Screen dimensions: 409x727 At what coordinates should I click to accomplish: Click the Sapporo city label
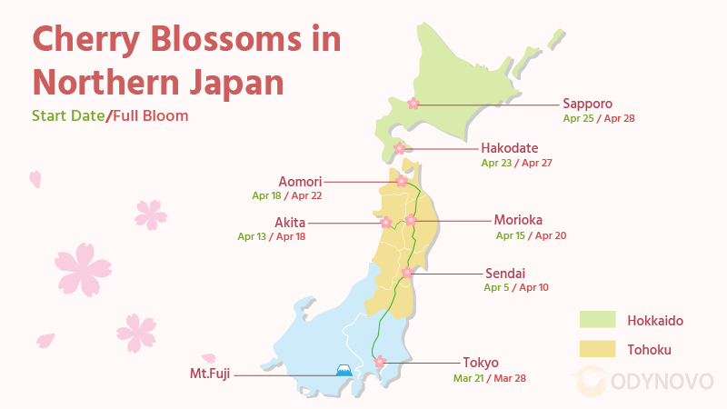point(587,104)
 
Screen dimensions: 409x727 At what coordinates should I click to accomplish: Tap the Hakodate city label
point(509,148)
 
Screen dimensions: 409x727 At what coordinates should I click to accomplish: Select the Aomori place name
point(301,181)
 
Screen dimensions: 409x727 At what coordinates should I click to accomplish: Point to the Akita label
point(290,222)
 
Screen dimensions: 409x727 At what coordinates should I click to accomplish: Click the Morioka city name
point(519,220)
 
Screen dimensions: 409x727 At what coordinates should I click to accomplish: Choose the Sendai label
point(503,273)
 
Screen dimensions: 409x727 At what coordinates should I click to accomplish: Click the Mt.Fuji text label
point(211,373)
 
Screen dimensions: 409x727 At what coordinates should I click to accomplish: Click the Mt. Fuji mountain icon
point(344,370)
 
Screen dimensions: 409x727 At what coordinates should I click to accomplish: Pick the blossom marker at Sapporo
point(413,104)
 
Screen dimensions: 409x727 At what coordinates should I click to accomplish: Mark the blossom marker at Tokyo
point(380,362)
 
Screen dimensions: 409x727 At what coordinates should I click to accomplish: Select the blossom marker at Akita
point(385,222)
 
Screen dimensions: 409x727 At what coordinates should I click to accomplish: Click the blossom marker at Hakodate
point(399,148)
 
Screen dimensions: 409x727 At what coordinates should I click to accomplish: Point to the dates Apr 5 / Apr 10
point(515,287)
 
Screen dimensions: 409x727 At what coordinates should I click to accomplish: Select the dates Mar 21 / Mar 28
point(489,378)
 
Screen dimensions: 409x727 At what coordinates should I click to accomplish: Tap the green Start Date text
point(68,116)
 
